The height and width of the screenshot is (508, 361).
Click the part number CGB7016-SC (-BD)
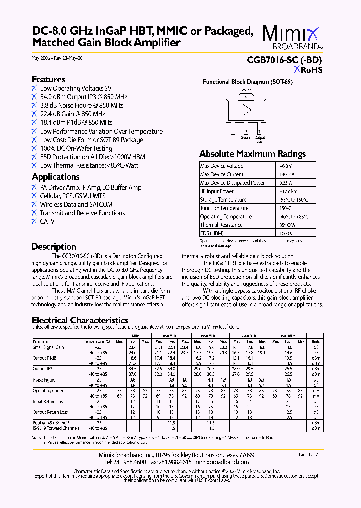coord(284,60)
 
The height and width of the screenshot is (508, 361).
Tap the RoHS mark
coord(308,70)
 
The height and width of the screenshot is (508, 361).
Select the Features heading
coord(48,79)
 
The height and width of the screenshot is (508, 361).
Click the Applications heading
coord(55,177)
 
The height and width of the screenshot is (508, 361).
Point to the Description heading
coord(54,247)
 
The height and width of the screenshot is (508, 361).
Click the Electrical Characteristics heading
coord(80,320)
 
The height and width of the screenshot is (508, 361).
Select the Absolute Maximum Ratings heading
coord(252,154)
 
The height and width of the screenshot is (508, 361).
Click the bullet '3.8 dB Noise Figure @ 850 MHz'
coord(81,105)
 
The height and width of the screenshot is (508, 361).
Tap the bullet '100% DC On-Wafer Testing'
coord(76,148)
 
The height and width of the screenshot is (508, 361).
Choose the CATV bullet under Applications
coord(47,221)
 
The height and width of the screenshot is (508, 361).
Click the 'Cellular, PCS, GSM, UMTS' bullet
coord(73,196)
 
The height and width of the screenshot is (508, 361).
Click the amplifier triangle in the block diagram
coord(247,110)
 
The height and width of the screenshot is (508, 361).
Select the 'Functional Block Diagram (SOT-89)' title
coord(247,82)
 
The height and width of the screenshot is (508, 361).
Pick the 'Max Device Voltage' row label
coord(222,166)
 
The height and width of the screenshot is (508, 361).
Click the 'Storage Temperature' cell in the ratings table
coord(223,200)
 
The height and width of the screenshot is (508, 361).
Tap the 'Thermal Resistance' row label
coord(221,225)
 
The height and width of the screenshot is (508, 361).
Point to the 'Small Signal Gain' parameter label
coord(49,347)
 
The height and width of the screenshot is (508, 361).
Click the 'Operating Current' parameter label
coord(49,390)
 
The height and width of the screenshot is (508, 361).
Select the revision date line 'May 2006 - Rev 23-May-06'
coord(57,58)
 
